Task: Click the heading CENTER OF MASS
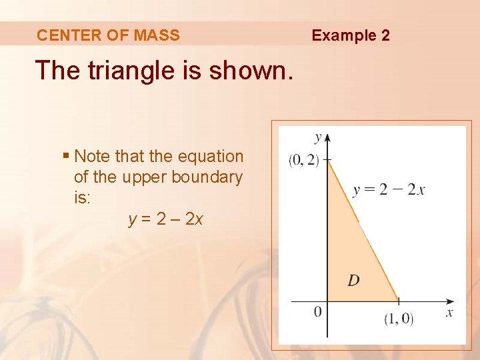[108, 35]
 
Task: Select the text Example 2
[351, 35]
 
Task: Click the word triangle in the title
[140, 70]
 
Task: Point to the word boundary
[207, 177]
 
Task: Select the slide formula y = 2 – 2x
[165, 218]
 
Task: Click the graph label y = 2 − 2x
[389, 190]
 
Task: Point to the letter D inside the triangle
[353, 280]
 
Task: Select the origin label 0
[317, 311]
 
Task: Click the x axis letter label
[449, 312]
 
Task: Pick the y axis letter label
[318, 137]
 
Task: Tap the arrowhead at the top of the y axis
[327, 137]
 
